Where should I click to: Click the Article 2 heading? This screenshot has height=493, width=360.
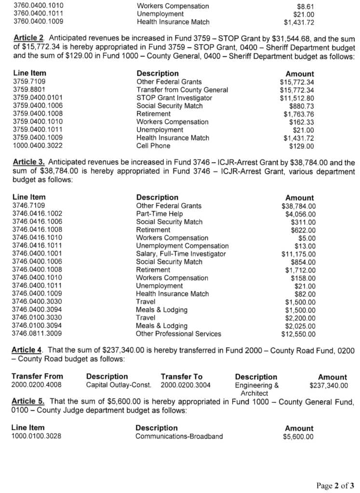(29, 38)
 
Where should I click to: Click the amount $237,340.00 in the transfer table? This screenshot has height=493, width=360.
(329, 385)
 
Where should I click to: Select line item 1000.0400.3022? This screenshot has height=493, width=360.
(37, 146)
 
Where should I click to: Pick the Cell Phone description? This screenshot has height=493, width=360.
(153, 146)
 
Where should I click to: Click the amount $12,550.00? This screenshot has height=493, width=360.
(299, 334)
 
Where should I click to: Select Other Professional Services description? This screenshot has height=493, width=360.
(178, 334)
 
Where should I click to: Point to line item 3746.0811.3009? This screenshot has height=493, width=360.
(37, 334)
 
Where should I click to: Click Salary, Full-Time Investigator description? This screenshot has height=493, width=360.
(181, 254)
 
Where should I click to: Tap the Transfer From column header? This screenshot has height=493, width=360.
(37, 376)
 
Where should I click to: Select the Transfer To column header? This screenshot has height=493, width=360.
(182, 376)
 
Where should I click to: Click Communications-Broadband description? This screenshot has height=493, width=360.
(179, 436)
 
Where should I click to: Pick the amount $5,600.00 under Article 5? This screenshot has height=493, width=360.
(298, 437)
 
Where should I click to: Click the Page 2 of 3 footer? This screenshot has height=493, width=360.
(335, 485)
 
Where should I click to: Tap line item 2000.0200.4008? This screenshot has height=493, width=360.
(37, 385)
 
